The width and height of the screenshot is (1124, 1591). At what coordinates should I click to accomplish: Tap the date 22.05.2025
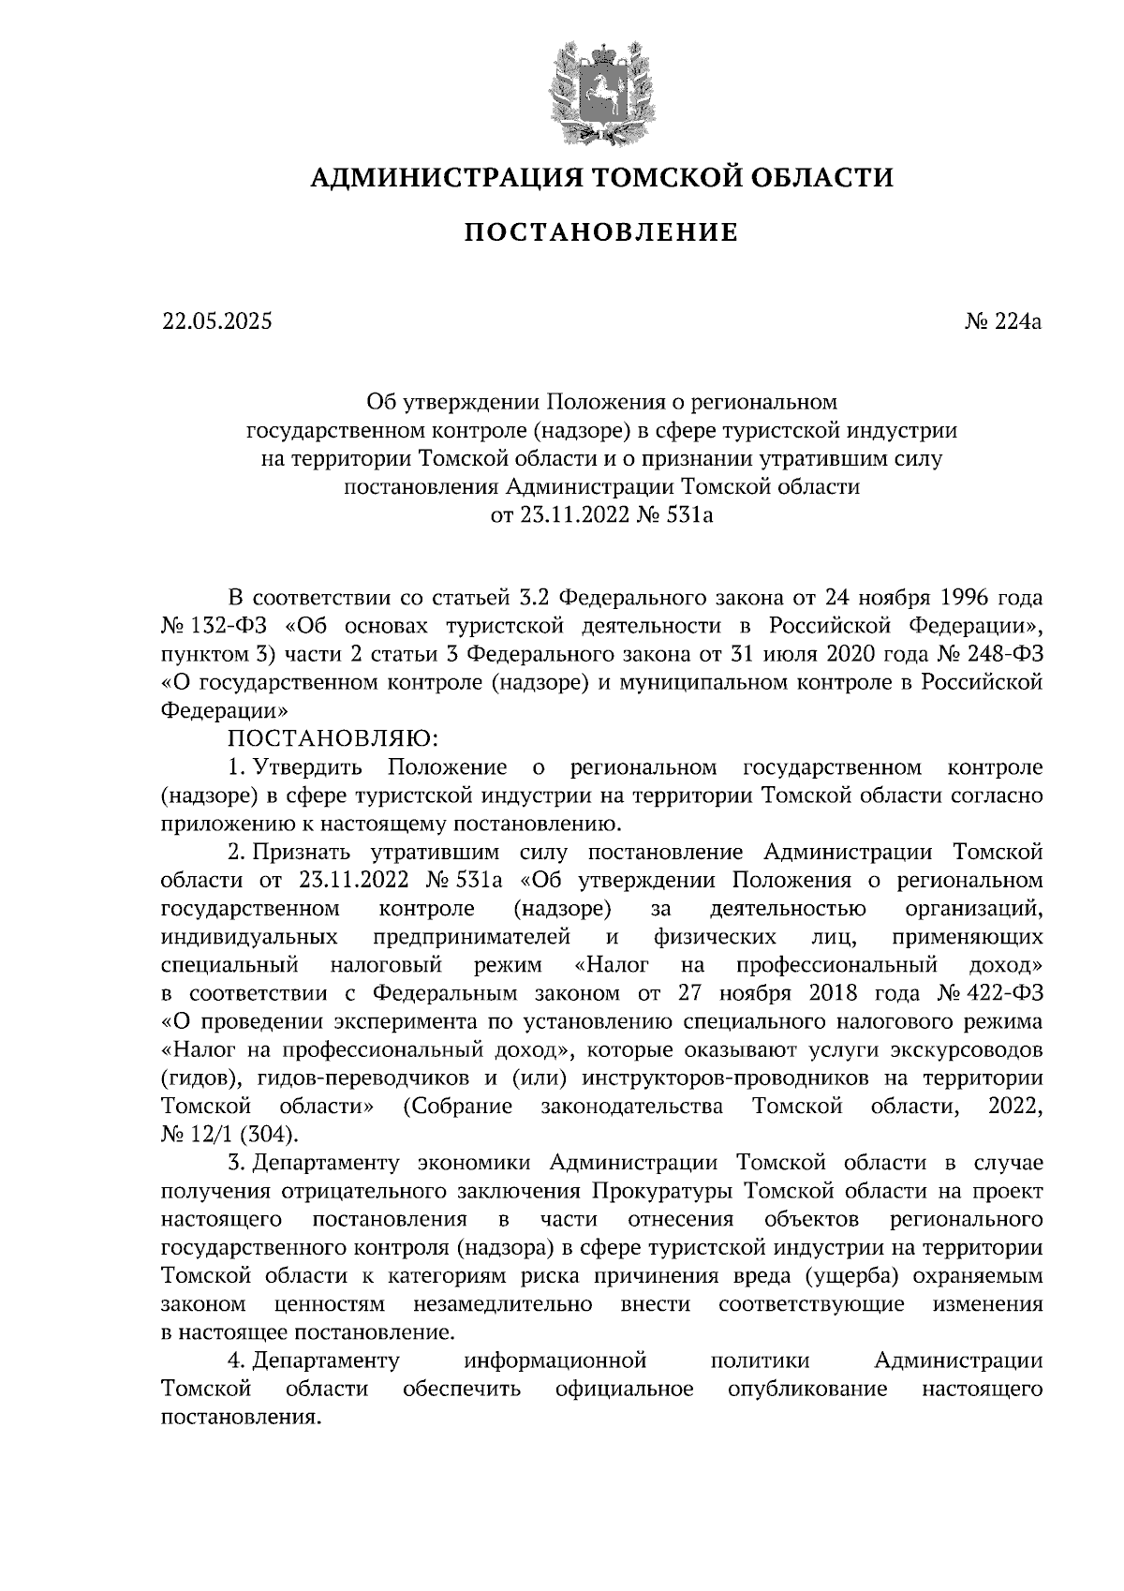[216, 322]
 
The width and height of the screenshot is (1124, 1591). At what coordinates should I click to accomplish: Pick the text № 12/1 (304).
[230, 1134]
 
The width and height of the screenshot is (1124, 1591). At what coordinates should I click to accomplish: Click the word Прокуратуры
[659, 1191]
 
